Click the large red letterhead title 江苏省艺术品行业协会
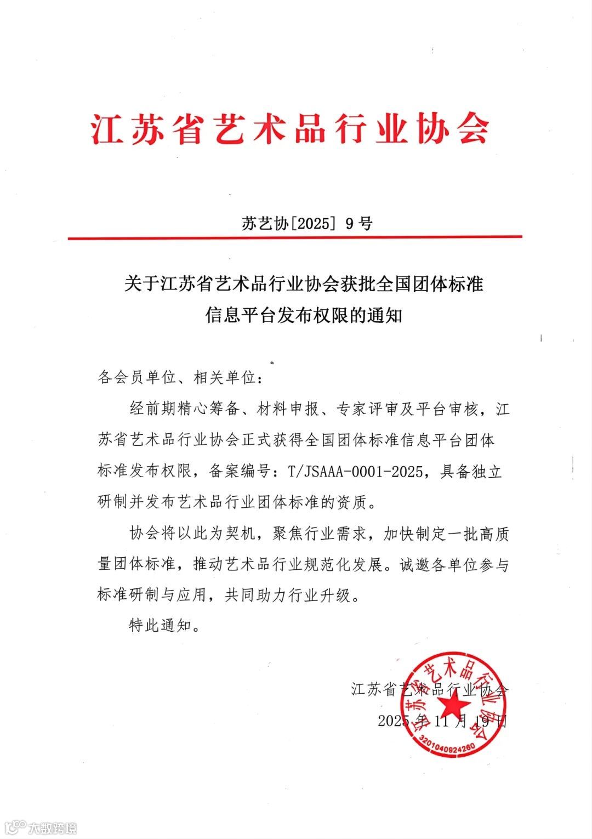click(290, 129)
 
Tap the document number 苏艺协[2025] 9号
click(306, 223)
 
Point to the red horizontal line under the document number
click(295, 237)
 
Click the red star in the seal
click(454, 704)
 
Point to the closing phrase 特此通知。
click(165, 625)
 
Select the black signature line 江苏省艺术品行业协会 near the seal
click(430, 689)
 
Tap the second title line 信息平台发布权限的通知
click(304, 315)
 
